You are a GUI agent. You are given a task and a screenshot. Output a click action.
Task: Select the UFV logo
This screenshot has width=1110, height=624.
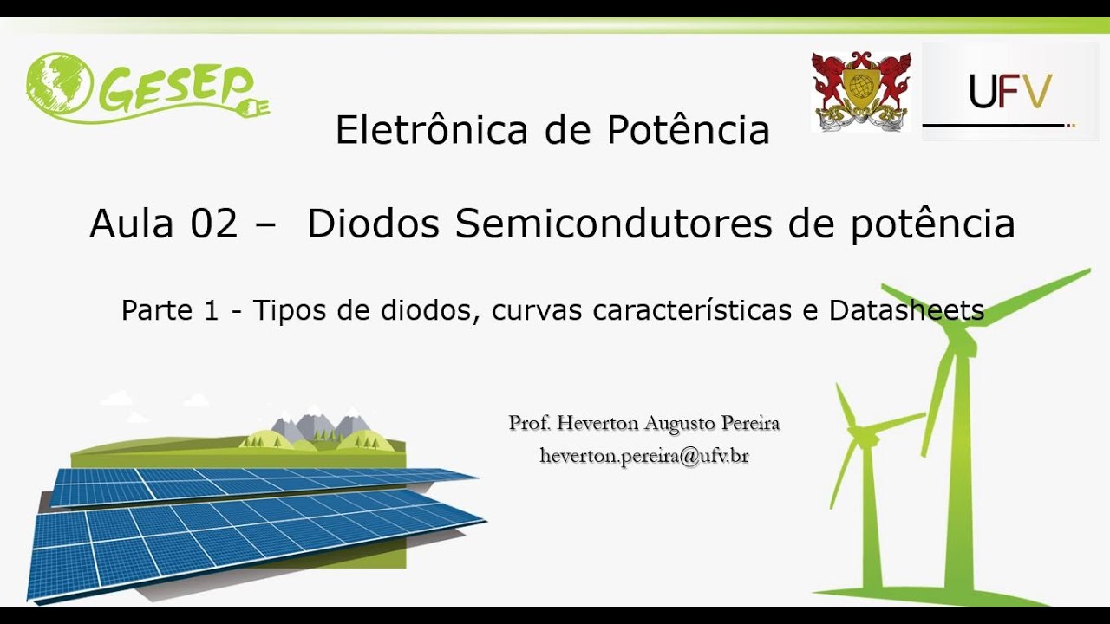click(1010, 92)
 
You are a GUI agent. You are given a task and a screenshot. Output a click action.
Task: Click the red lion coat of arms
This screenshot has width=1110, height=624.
click(860, 90)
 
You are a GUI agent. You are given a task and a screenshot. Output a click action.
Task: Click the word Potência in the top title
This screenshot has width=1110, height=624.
click(688, 130)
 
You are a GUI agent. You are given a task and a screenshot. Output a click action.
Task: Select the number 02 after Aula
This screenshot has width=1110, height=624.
click(213, 224)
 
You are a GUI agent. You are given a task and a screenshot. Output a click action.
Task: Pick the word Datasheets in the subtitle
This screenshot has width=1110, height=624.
click(906, 309)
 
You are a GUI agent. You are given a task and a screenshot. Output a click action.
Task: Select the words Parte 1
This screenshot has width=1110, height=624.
click(170, 309)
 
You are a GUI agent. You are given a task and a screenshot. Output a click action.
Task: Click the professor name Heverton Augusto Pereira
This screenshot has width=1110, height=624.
click(643, 423)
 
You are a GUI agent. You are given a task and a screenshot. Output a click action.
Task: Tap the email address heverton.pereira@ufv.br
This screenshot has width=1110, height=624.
click(643, 455)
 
